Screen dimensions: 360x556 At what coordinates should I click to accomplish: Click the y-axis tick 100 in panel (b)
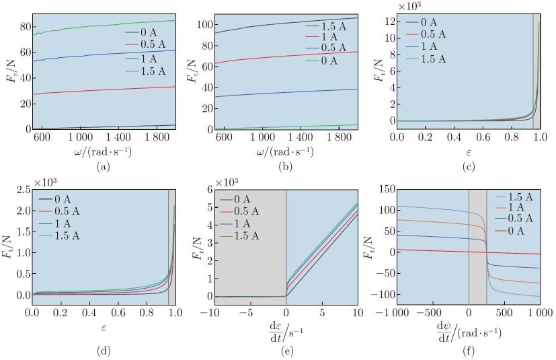206,25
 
